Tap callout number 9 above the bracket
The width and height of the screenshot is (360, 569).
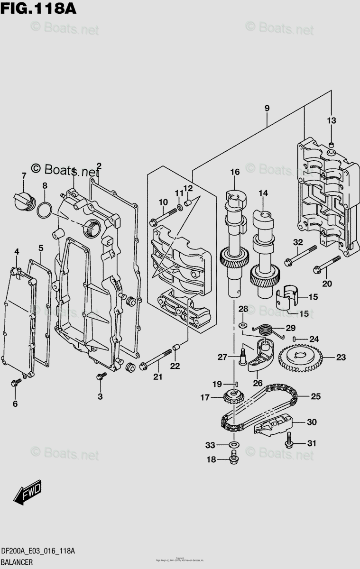[x=267, y=109]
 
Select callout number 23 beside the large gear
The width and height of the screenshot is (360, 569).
[x=341, y=357]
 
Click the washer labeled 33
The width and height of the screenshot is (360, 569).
[x=233, y=445]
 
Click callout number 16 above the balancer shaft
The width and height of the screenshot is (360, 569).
[x=235, y=172]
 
